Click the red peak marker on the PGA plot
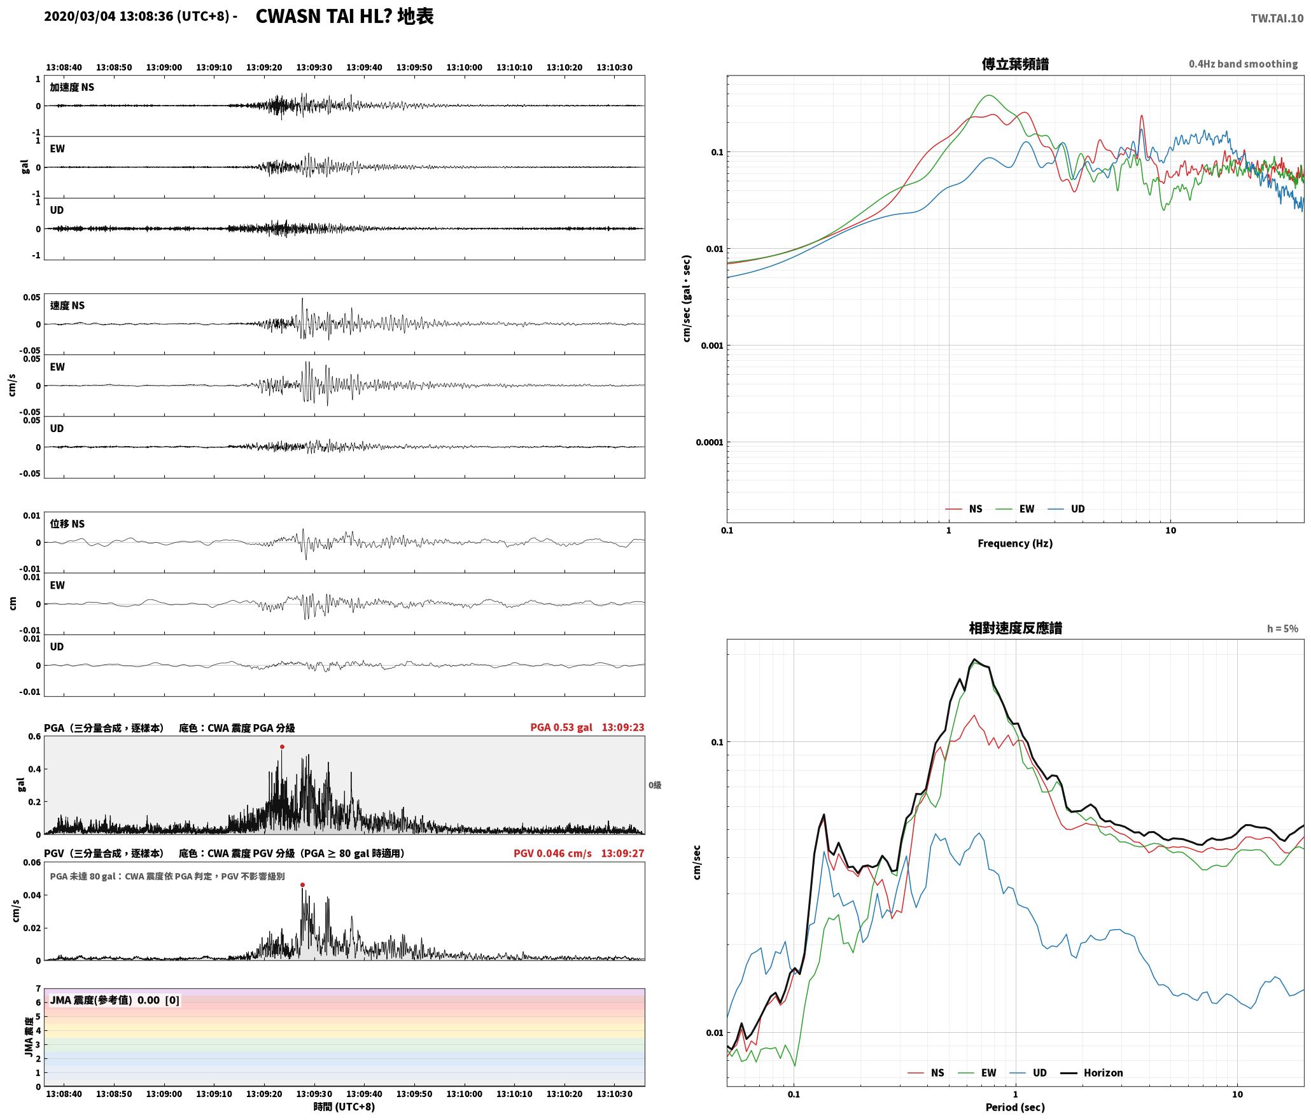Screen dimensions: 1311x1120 pos(282,746)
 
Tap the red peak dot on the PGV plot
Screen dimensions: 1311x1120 pos(302,885)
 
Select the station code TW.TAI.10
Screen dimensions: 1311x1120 pos(1277,18)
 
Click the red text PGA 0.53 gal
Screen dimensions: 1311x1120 pos(561,727)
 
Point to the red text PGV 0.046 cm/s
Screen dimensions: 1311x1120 pos(552,853)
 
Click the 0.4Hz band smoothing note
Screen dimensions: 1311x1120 pos(1243,64)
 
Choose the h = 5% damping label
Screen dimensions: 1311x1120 pos(1282,628)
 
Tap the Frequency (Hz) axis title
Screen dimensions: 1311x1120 pos(1015,543)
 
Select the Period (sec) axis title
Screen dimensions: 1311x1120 pos(1015,1107)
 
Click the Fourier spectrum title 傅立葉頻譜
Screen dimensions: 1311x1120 pos(1015,64)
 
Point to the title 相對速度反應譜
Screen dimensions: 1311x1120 pos(1015,628)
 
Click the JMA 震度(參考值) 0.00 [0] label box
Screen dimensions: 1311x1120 pos(115,1000)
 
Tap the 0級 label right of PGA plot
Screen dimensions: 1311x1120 pos(655,785)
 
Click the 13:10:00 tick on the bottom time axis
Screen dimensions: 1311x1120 pos(464,1094)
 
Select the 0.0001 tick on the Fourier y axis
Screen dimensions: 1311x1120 pos(709,442)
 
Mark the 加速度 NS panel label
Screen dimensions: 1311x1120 pos(72,87)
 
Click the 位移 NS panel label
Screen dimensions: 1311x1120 pos(67,524)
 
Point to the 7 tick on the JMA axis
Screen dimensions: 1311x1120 pos(38,989)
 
